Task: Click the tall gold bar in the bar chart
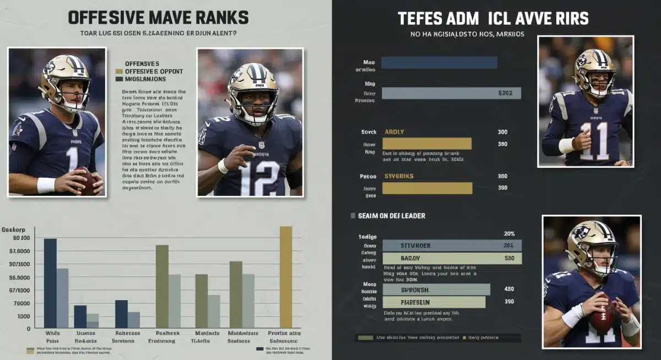tap(286, 277)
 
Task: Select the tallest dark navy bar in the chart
tap(50, 283)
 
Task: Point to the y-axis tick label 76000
tap(23, 303)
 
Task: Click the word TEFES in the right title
tap(421, 18)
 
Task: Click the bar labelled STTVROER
tap(452, 246)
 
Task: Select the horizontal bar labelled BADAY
tap(452, 258)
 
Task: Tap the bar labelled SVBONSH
tap(436, 290)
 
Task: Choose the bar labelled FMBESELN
tap(434, 302)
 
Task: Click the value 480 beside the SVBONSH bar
tap(509, 289)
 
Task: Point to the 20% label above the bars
tap(509, 233)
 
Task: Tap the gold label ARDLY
tap(394, 132)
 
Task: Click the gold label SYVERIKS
tap(398, 176)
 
